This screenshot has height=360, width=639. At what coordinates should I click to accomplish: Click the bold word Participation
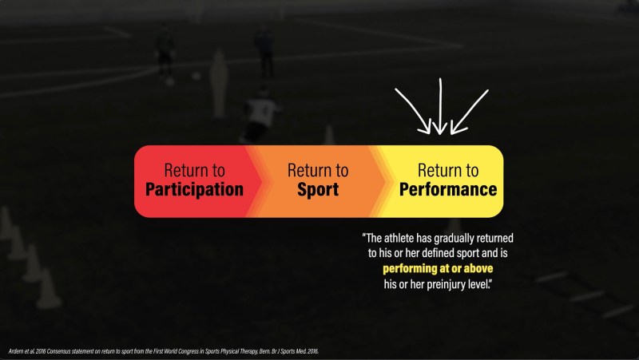point(194,190)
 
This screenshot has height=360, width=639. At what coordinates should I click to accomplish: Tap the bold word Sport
point(318,190)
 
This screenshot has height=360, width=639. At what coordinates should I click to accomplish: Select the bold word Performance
point(448,189)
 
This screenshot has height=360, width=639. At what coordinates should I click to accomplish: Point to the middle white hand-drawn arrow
point(440,107)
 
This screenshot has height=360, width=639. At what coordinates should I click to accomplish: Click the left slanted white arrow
point(413,112)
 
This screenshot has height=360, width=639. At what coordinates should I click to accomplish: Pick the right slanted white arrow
point(470,112)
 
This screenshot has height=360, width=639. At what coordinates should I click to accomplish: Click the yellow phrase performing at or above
point(438,268)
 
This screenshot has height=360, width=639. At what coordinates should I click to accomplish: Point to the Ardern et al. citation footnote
point(164,351)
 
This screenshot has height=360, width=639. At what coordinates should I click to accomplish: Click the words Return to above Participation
point(194,170)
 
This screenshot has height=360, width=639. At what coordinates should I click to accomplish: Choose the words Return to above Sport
point(318,170)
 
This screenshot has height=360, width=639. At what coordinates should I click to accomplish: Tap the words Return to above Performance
point(448,170)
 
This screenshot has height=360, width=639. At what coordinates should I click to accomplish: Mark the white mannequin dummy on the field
point(219,84)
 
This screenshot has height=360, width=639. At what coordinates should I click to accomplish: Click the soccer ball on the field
point(196,76)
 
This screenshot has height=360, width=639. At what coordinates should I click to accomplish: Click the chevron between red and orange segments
point(256,181)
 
